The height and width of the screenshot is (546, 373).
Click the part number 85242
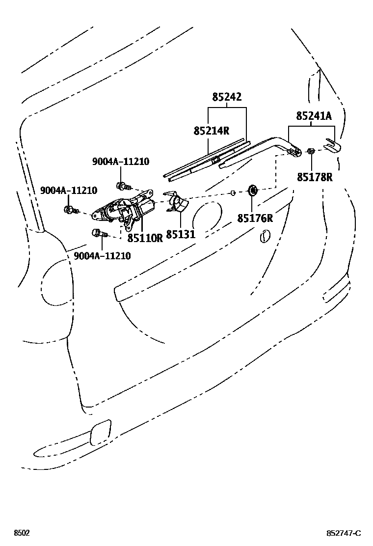tap(227, 97)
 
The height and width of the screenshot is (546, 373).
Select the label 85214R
tap(212, 131)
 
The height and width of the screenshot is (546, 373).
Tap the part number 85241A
tap(314, 116)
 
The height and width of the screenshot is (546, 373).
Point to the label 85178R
tap(315, 177)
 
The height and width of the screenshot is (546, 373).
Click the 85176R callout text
tap(255, 218)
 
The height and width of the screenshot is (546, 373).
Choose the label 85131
tap(181, 235)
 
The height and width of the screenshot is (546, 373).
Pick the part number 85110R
tap(145, 238)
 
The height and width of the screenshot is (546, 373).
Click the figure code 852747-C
tap(344, 533)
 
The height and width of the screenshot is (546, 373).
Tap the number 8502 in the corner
tap(21, 533)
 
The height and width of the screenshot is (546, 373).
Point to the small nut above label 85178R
tap(311, 151)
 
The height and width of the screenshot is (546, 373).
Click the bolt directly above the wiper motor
tap(121, 186)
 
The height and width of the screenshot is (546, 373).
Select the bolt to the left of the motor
tap(70, 210)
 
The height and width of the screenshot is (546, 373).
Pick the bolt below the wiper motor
tap(97, 234)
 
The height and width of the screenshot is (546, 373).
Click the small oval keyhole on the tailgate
tap(264, 236)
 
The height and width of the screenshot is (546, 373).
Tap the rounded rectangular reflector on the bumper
tap(101, 432)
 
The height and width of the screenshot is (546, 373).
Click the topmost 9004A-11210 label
tap(121, 162)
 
